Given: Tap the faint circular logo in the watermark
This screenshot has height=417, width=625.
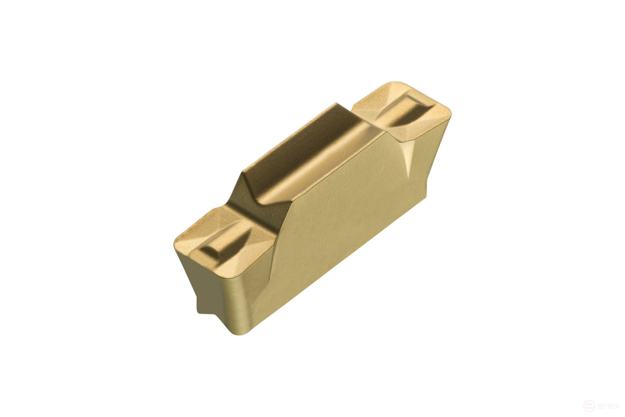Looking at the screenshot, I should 589,406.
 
